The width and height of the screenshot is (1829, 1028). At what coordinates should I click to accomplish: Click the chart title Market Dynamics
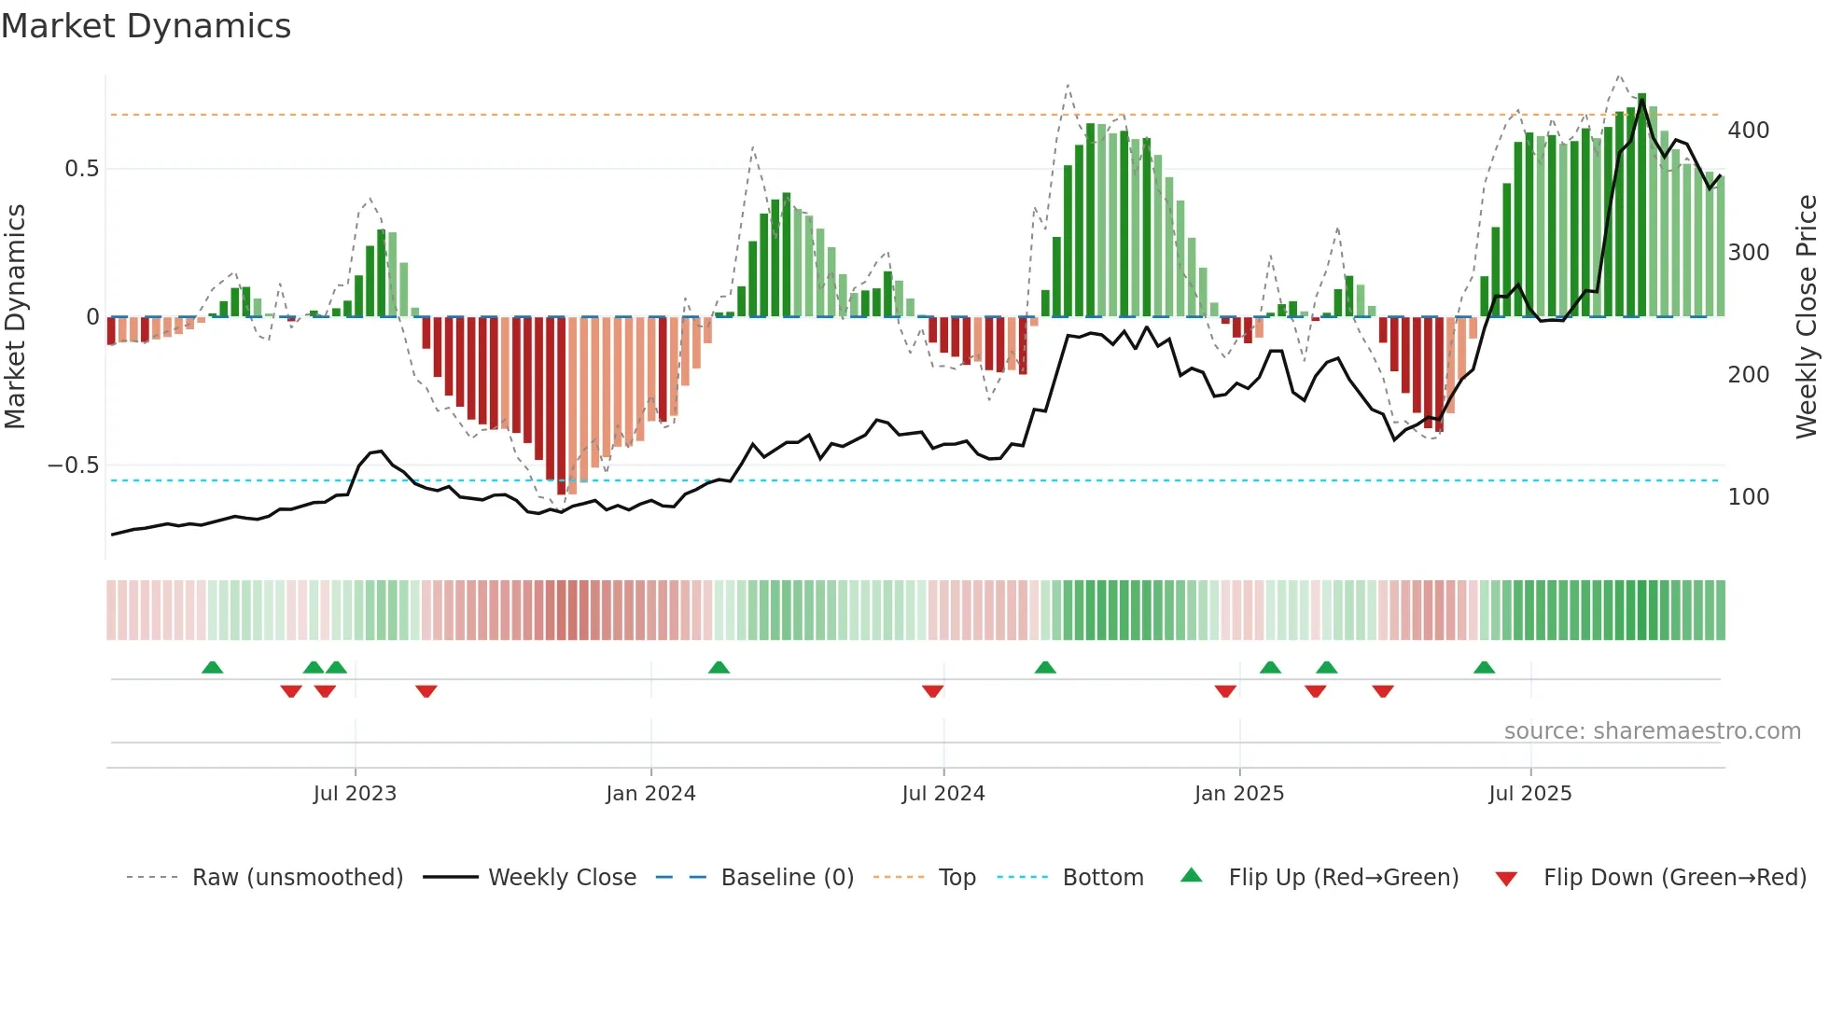pos(146,26)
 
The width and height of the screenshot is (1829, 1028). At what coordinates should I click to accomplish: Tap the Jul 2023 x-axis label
pos(355,794)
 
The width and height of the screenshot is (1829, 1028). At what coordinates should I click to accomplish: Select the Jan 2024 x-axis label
pos(650,794)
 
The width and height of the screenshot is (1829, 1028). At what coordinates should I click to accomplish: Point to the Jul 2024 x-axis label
pos(943,794)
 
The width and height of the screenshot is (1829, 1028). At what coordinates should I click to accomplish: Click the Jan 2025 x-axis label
pos(1239,794)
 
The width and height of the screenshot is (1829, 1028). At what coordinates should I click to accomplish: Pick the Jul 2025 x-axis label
pos(1530,794)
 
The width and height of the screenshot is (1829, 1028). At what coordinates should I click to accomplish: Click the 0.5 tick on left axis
pos(81,169)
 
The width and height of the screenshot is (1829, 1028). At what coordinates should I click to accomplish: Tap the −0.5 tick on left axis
pos(73,465)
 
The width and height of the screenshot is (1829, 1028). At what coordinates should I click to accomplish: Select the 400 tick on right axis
pos(1749,131)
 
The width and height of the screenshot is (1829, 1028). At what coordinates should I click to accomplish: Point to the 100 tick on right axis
pos(1749,497)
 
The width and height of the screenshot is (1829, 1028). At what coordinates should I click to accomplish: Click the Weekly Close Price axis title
pos(1808,317)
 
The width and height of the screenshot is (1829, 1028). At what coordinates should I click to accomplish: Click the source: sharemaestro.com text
pos(1652,731)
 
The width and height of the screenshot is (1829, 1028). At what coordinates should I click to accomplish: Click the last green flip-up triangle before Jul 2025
pos(1484,667)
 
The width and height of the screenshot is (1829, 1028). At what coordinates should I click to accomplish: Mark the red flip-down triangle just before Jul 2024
pos(932,691)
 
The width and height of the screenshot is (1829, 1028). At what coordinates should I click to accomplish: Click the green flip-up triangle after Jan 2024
pos(719,667)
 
